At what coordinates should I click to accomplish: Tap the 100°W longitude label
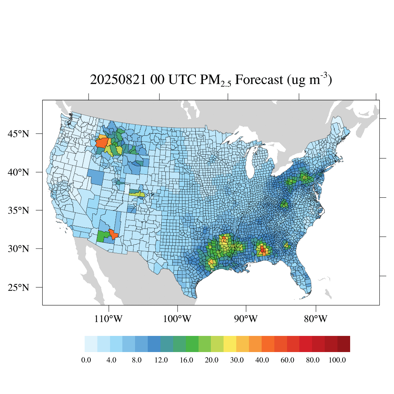click(178, 319)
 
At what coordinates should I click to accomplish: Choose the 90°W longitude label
click(246, 319)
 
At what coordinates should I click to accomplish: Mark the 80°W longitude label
click(316, 319)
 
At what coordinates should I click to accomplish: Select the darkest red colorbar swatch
click(344, 344)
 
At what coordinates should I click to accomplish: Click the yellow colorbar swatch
click(230, 344)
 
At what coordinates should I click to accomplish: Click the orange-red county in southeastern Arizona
click(113, 234)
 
